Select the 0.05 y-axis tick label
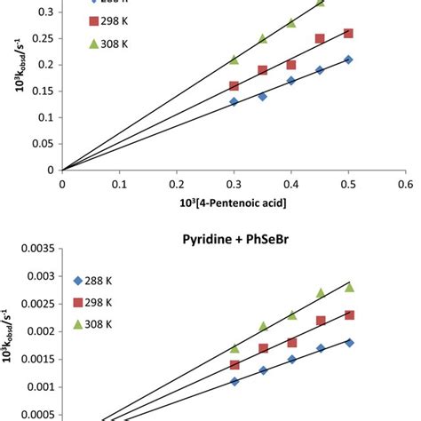(x=43, y=143)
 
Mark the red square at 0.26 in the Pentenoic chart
(x=348, y=33)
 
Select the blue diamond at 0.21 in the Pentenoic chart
(x=348, y=60)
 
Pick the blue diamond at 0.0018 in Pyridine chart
(x=348, y=342)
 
